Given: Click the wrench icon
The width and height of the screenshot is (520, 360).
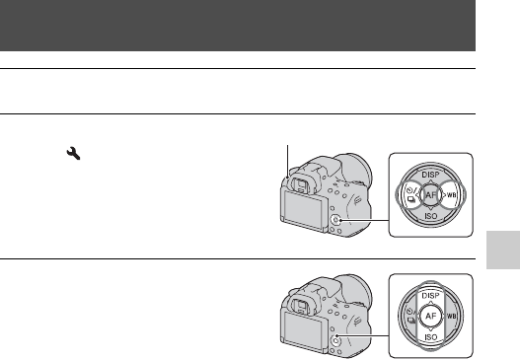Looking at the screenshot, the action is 73,154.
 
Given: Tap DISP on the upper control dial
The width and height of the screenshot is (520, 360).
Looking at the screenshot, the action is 430,175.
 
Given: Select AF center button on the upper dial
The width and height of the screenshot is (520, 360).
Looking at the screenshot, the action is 430,195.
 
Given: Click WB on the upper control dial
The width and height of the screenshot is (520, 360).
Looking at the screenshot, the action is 451,195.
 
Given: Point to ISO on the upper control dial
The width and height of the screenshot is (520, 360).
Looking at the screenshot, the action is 431,216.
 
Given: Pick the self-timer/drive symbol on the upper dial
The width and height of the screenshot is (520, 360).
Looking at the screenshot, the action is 411,195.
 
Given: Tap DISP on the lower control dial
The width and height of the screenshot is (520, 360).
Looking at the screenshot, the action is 430,296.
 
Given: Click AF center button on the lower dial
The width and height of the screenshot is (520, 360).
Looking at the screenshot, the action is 430,316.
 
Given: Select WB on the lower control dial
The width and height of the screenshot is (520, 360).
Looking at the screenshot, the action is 451,317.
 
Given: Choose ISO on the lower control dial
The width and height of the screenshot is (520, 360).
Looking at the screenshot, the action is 431,337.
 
